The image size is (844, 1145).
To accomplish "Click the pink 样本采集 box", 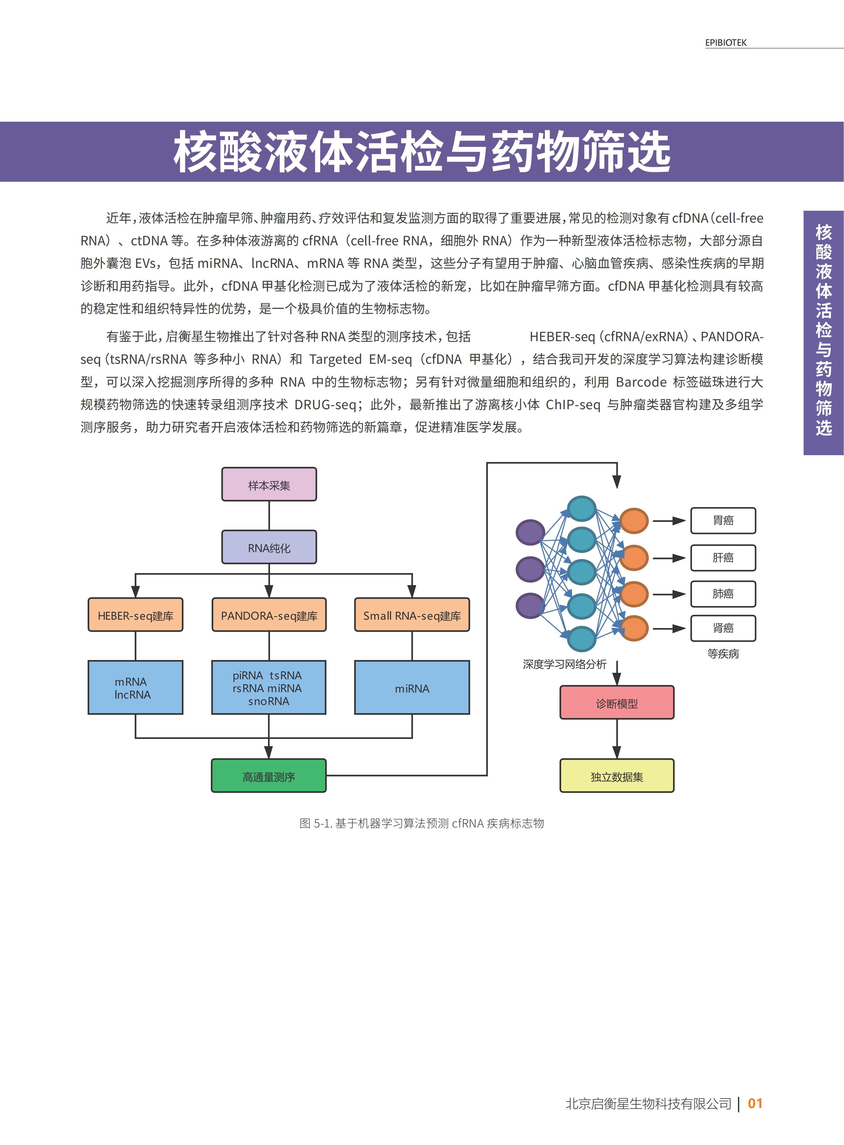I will (x=269, y=484).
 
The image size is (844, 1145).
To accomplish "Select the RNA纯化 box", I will (x=269, y=547).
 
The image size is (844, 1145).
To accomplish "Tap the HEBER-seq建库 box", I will (x=135, y=615).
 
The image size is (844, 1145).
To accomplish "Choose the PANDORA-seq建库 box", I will (x=269, y=615).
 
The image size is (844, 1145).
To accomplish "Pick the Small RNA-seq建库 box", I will (x=412, y=615).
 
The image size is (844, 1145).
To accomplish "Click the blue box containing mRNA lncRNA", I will (x=135, y=687).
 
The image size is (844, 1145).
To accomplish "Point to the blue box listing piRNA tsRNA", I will (x=269, y=687).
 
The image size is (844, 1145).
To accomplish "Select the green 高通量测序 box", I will (x=269, y=776).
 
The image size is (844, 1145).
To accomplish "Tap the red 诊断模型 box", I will (x=617, y=703).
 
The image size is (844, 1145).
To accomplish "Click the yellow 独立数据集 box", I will (x=617, y=776).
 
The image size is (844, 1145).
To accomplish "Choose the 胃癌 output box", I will (x=723, y=520).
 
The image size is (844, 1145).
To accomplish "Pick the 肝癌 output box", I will (x=723, y=557).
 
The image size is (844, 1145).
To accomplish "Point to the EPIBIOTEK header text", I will (x=725, y=43).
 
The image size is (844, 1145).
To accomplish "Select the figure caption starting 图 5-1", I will (x=422, y=823).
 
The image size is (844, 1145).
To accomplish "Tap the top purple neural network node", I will (x=530, y=532).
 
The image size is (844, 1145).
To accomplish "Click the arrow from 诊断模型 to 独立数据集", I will (x=617, y=739).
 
